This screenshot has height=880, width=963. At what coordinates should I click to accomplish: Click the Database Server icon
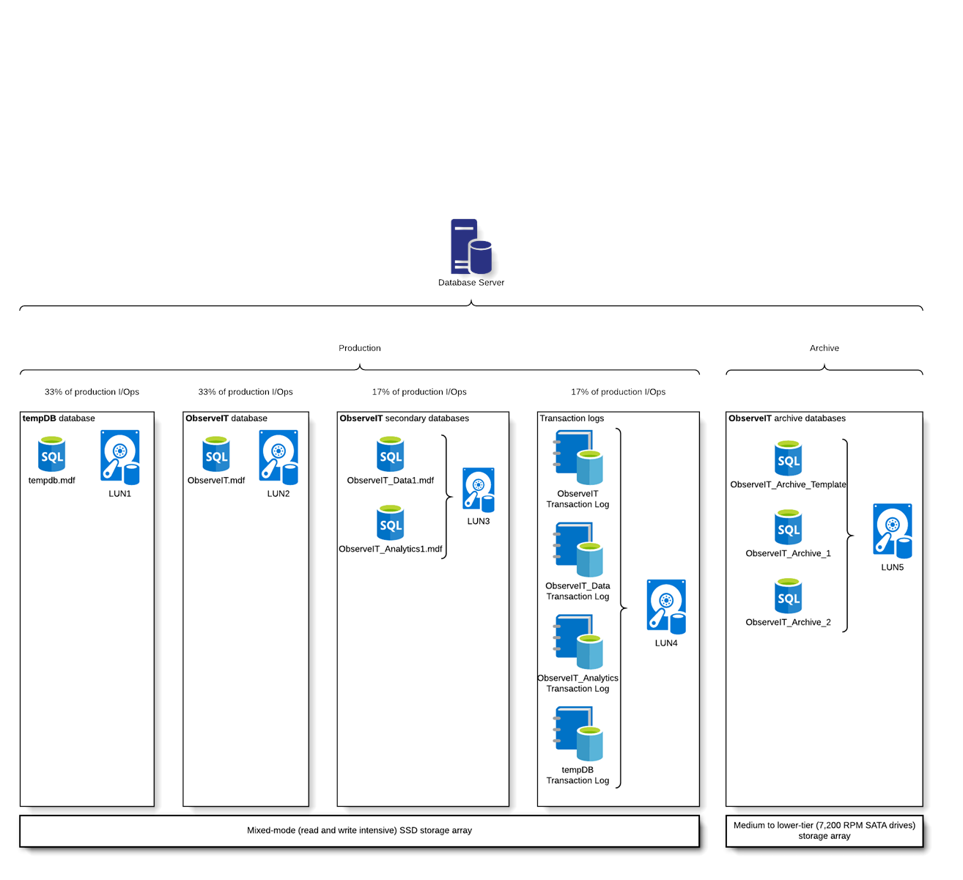click(471, 247)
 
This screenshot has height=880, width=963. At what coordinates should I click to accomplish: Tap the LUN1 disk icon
click(120, 457)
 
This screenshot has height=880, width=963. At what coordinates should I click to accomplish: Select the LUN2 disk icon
click(278, 457)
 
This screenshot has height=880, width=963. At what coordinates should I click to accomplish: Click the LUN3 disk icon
click(479, 489)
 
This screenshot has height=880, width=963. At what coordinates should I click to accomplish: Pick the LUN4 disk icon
click(666, 607)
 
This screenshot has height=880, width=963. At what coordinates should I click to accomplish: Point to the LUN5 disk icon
click(893, 530)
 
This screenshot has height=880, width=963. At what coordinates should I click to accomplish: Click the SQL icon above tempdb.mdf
click(52, 454)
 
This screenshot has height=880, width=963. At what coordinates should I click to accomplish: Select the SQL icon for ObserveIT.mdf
click(216, 454)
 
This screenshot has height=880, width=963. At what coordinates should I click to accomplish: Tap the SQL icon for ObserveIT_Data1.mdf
click(391, 454)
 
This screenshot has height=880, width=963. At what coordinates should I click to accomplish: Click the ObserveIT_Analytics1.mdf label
click(391, 549)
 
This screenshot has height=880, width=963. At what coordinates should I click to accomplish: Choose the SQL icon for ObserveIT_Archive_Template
click(789, 459)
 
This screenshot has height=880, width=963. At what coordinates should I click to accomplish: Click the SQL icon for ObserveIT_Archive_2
click(789, 596)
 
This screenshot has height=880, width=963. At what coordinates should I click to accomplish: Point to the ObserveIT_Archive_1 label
click(789, 553)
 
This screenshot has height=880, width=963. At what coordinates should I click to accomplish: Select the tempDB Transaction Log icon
click(579, 734)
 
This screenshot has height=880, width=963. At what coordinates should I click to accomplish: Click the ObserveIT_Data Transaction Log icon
click(579, 550)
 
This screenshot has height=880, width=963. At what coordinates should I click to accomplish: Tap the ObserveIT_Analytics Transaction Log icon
click(579, 642)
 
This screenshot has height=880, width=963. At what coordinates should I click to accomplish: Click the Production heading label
click(360, 348)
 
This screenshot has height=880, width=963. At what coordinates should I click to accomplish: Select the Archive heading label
click(824, 348)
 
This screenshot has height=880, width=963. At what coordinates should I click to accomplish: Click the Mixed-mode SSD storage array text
click(360, 830)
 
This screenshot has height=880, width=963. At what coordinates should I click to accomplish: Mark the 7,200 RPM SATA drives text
click(824, 825)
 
